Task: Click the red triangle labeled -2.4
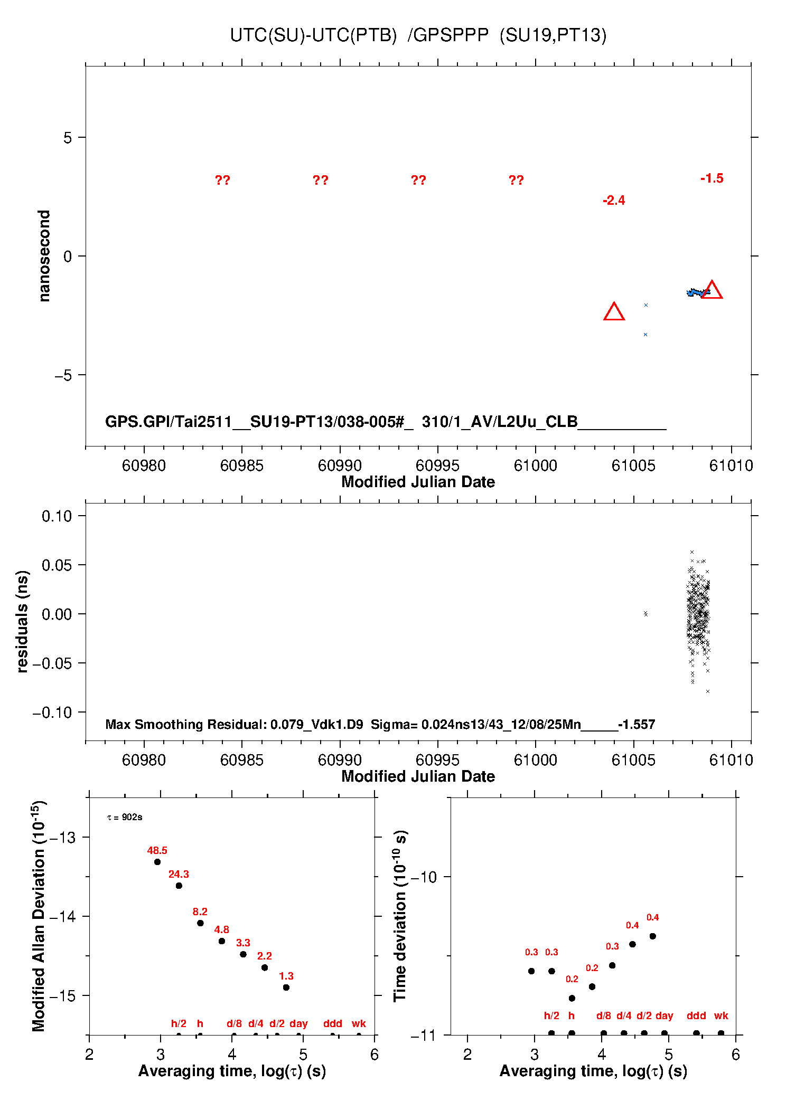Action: pyautogui.click(x=614, y=312)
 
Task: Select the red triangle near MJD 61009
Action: pyautogui.click(x=712, y=290)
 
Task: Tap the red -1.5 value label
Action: pyautogui.click(x=712, y=178)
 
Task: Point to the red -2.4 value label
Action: pyautogui.click(x=614, y=201)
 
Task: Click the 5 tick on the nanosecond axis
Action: pyautogui.click(x=68, y=138)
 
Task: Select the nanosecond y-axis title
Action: pyautogui.click(x=44, y=256)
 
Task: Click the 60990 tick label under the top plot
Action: pyautogui.click(x=340, y=466)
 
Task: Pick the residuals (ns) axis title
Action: pyautogui.click(x=22, y=621)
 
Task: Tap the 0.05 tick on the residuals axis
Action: pyautogui.click(x=57, y=565)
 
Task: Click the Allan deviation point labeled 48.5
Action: pyautogui.click(x=157, y=862)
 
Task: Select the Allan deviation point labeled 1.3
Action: pyautogui.click(x=286, y=987)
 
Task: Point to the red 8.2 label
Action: pyautogui.click(x=200, y=911)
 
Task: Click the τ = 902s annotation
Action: pyautogui.click(x=125, y=817)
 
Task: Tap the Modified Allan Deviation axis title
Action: pyautogui.click(x=39, y=916)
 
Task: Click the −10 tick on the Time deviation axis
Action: pyautogui.click(x=424, y=877)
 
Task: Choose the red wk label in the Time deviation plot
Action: pyautogui.click(x=721, y=1015)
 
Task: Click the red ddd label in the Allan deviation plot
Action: pyautogui.click(x=333, y=1023)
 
